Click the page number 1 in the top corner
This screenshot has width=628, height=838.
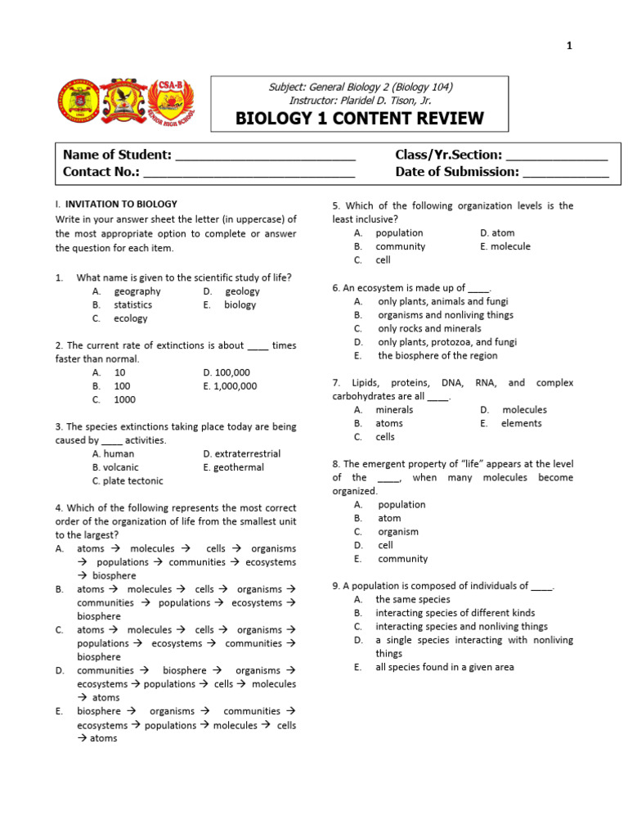tap(569, 46)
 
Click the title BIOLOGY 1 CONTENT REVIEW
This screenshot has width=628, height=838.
tap(359, 119)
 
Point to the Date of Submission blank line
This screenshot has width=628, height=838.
tap(565, 173)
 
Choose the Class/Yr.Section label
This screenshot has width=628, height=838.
tap(448, 155)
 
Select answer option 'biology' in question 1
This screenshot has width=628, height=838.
tap(240, 304)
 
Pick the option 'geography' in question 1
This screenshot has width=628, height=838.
tap(137, 291)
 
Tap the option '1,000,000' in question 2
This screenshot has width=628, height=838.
tap(235, 386)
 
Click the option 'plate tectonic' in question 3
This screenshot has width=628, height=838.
tap(132, 481)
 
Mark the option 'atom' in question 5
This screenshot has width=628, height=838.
tap(502, 233)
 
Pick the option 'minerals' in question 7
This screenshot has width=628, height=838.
tap(394, 410)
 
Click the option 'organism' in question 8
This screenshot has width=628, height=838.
tap(398, 532)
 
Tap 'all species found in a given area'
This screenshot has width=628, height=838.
tap(445, 667)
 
